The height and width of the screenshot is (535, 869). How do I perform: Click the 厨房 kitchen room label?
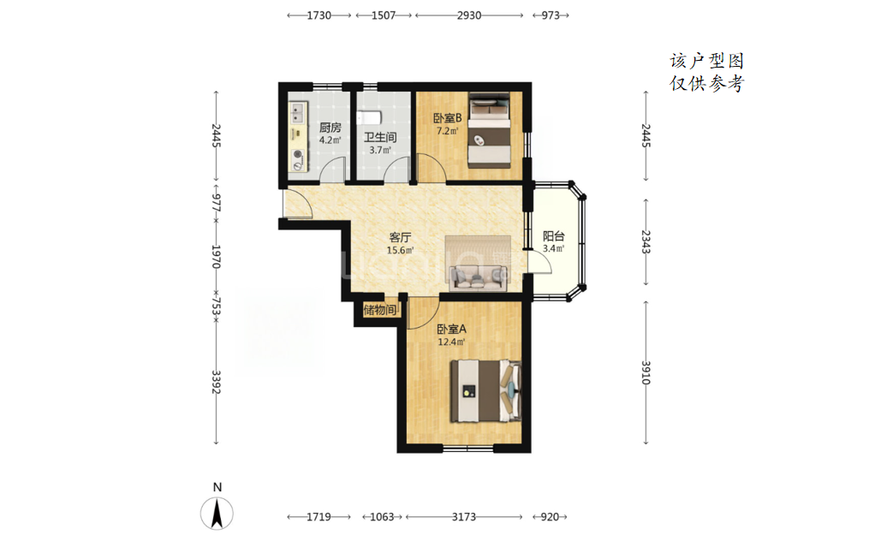[330, 128]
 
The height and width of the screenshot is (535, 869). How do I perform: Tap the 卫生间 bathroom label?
[380, 137]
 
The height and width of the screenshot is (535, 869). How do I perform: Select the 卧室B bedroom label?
[447, 118]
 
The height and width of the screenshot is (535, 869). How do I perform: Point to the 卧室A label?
[452, 329]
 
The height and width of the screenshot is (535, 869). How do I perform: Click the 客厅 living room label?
[400, 238]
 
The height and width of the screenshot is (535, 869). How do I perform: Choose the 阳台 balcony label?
[553, 236]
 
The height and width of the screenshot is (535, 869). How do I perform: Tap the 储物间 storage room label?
[380, 310]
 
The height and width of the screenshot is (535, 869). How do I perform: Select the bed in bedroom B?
[489, 130]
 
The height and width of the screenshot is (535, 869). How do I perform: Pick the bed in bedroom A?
[485, 391]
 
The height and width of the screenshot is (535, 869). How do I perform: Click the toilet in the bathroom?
[368, 118]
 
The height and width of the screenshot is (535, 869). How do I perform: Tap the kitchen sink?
[298, 113]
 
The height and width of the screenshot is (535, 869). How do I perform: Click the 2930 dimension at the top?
[469, 15]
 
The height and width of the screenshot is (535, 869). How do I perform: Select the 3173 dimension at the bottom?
[464, 517]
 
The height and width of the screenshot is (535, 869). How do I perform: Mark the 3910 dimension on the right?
[646, 372]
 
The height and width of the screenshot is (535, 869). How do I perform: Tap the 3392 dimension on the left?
[216, 382]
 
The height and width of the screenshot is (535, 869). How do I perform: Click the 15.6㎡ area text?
[400, 250]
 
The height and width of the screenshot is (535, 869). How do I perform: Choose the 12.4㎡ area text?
[451, 342]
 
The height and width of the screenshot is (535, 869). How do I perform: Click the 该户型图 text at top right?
[706, 61]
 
